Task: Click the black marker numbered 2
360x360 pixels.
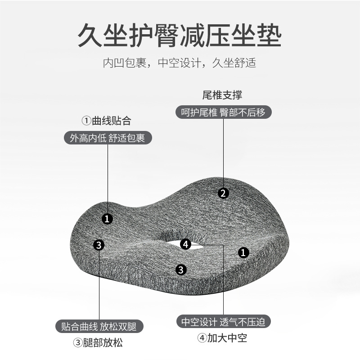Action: (223, 193)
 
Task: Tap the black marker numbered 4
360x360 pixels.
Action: (186, 244)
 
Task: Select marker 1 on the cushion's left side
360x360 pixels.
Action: (107, 219)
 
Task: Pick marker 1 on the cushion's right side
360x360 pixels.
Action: (243, 252)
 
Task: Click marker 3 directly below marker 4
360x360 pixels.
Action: (181, 270)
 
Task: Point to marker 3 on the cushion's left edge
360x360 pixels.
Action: (99, 245)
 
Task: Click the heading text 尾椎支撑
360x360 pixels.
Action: (223, 95)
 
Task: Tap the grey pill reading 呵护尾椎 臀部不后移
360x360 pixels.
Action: (223, 112)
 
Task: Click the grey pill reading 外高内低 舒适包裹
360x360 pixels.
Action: (107, 138)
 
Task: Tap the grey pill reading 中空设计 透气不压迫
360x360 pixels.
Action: (223, 322)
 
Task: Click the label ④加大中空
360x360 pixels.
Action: (222, 338)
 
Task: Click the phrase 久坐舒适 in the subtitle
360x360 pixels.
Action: (234, 62)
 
